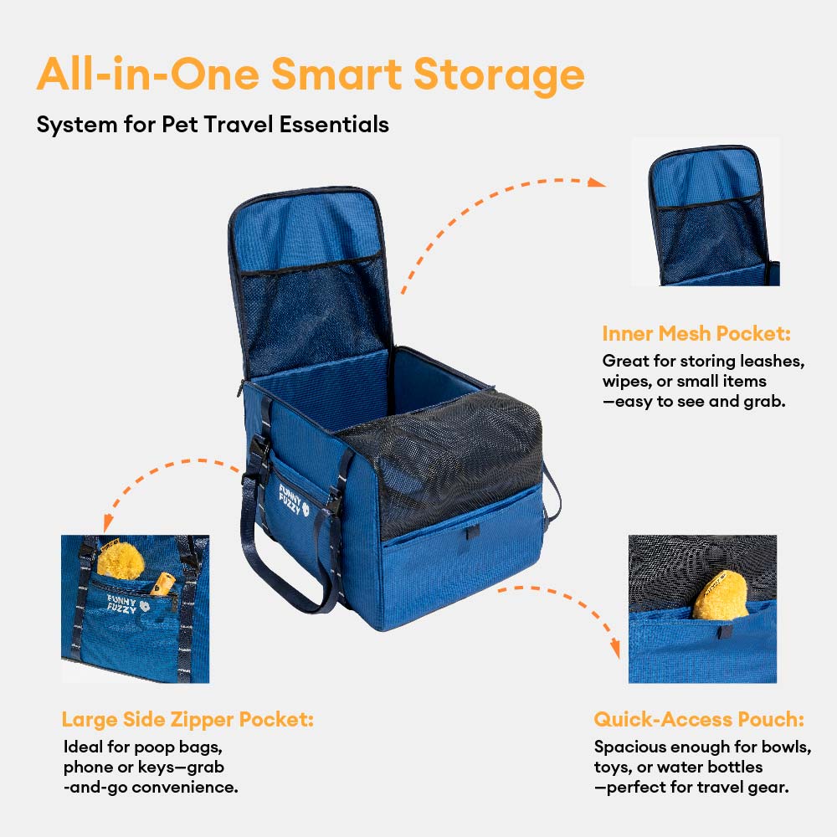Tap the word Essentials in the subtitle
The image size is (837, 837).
pyautogui.click(x=334, y=125)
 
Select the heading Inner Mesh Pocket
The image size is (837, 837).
pyautogui.click(x=696, y=334)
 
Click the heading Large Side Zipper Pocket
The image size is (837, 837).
pyautogui.click(x=187, y=720)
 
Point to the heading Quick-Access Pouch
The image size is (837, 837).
pyautogui.click(x=699, y=720)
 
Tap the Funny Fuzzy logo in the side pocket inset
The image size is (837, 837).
pyautogui.click(x=128, y=603)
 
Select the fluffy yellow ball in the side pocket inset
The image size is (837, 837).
pyautogui.click(x=121, y=560)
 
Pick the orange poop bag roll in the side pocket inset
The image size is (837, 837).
pyautogui.click(x=162, y=584)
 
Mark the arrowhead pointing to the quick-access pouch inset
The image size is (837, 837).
pyautogui.click(x=615, y=649)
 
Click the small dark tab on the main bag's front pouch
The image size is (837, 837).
pyautogui.click(x=470, y=532)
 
